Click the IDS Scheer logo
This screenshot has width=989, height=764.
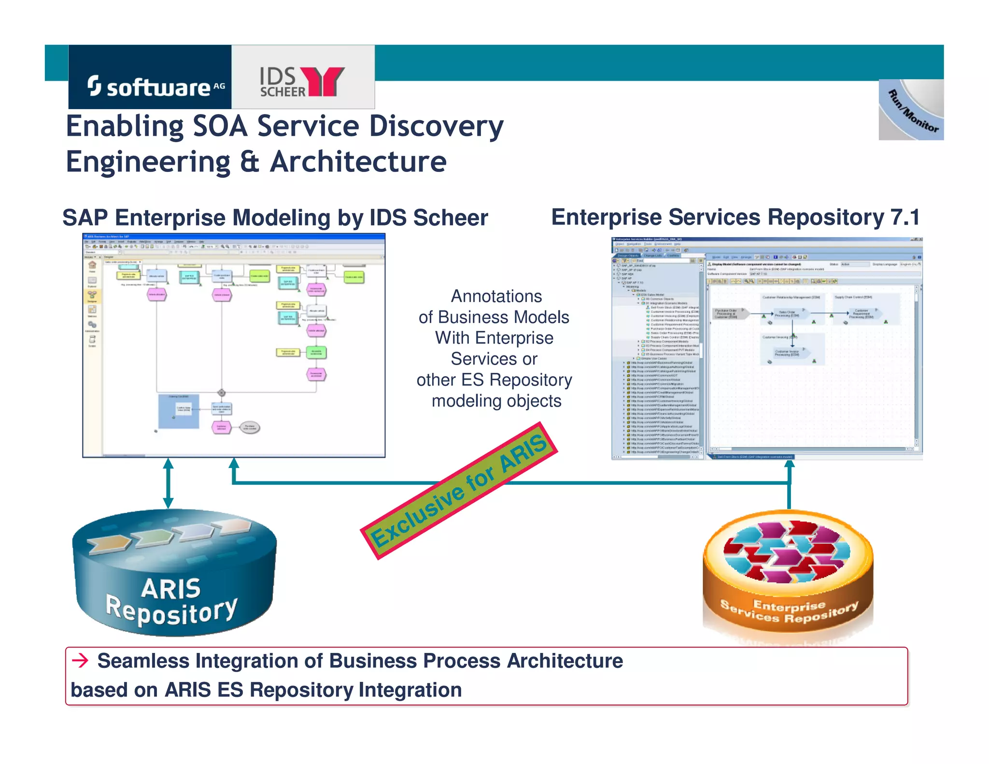click(x=302, y=81)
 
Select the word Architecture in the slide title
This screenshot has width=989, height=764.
click(x=358, y=162)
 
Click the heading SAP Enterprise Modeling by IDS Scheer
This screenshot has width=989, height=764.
click(x=275, y=218)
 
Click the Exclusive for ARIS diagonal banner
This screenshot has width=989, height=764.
click(x=459, y=491)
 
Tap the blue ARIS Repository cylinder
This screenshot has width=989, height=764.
click(x=174, y=575)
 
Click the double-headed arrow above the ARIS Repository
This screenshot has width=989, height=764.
click(x=168, y=483)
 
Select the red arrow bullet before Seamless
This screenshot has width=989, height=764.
click(x=80, y=660)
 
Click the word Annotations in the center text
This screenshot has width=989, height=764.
click(x=496, y=296)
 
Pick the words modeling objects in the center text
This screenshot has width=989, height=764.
click(x=496, y=401)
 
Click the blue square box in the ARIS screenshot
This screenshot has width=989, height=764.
click(x=179, y=411)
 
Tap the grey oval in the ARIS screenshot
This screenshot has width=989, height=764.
click(x=250, y=427)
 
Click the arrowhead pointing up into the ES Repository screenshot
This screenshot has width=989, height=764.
click(x=789, y=466)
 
